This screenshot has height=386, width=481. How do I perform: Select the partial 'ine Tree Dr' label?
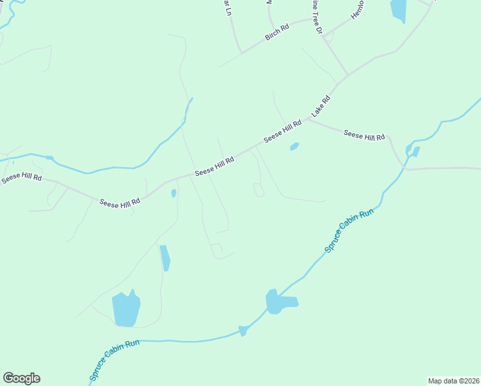click(316, 15)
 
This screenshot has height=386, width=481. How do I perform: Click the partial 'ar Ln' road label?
click(226, 8)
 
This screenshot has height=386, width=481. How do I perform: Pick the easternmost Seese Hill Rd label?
click(364, 135)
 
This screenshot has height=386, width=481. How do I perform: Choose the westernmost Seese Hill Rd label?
click(21, 178)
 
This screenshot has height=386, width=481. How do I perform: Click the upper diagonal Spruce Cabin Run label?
click(349, 230)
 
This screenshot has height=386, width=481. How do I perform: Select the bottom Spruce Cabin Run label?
click(114, 360)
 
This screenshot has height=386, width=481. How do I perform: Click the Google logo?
click(21, 378)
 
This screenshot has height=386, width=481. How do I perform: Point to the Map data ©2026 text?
click(453, 381)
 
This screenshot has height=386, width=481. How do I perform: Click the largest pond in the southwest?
click(126, 309)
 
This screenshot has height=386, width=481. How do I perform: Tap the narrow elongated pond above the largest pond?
click(165, 257)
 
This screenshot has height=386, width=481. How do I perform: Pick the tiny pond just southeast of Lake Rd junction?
click(294, 147)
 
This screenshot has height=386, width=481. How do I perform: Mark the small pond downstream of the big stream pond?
click(243, 331)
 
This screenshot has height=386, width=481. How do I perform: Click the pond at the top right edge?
click(399, 10)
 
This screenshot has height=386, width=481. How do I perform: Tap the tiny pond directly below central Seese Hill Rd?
click(174, 192)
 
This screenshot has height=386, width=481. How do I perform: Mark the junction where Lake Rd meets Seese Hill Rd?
click(307, 120)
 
